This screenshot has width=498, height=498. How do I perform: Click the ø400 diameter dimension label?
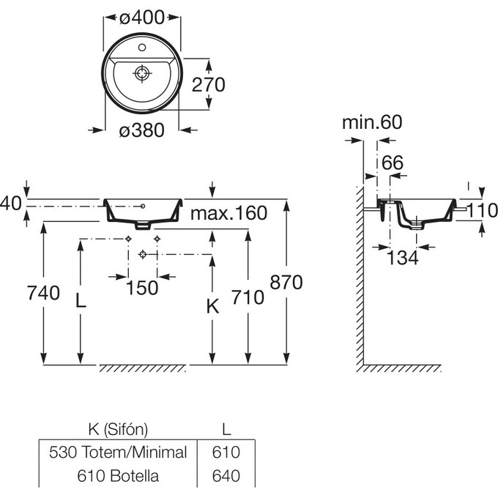click(x=142, y=18)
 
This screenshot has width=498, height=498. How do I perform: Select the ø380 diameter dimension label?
click(x=142, y=130)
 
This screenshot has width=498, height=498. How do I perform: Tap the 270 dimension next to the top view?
click(x=208, y=84)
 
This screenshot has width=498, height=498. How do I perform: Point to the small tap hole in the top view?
click(x=142, y=48)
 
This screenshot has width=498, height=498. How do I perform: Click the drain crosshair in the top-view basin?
click(x=142, y=73)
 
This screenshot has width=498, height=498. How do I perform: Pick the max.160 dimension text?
click(x=228, y=213)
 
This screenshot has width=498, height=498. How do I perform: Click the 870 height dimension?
click(x=286, y=282)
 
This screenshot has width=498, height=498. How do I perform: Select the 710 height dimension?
click(x=248, y=297)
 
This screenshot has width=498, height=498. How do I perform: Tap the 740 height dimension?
click(x=43, y=293)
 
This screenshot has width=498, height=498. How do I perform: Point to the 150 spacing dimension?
click(x=142, y=288)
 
